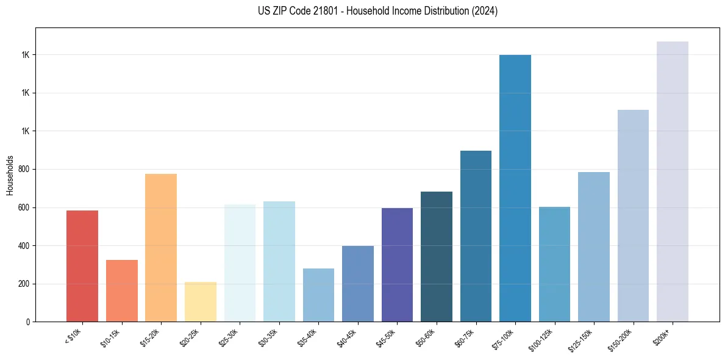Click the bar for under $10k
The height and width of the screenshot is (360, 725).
(82, 266)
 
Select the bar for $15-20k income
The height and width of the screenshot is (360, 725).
(161, 248)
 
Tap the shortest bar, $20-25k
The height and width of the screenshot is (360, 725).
(201, 301)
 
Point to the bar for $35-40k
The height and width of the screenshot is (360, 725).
(318, 295)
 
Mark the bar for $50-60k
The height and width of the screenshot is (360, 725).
(437, 256)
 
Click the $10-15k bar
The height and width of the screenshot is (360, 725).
(122, 290)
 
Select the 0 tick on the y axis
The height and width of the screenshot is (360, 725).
(28, 322)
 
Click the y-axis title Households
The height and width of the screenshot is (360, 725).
(10, 175)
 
